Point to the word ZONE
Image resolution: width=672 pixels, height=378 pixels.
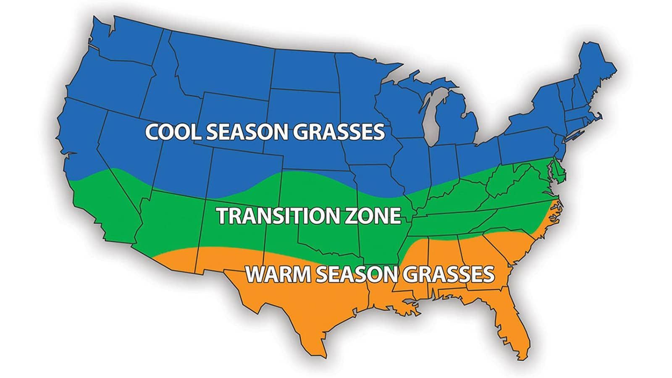point(375,216)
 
